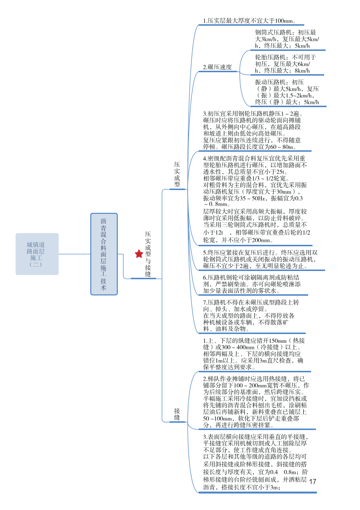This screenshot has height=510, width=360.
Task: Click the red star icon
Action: tap(139, 254)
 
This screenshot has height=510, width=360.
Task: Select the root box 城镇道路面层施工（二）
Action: tap(37, 254)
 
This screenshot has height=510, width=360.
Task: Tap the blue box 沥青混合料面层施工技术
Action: tap(104, 254)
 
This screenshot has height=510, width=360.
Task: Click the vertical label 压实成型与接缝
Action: tap(148, 254)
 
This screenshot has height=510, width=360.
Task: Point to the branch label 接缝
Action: tap(177, 414)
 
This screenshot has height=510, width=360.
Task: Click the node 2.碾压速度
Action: tap(217, 67)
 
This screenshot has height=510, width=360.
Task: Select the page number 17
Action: tap(312, 481)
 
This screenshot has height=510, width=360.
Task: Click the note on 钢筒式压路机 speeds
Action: tap(287, 39)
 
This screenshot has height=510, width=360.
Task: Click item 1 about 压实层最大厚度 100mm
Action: tap(250, 21)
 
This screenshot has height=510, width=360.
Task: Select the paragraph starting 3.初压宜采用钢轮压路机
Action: tap(252, 130)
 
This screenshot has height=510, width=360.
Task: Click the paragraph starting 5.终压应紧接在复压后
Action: tap(260, 259)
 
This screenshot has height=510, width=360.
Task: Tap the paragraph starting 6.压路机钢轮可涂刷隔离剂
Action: tap(252, 284)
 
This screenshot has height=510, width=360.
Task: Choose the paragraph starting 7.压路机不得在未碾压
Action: tap(251, 315)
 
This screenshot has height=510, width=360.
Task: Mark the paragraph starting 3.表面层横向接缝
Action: tap(256, 462)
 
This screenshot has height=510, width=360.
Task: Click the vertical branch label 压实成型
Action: tap(177, 175)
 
